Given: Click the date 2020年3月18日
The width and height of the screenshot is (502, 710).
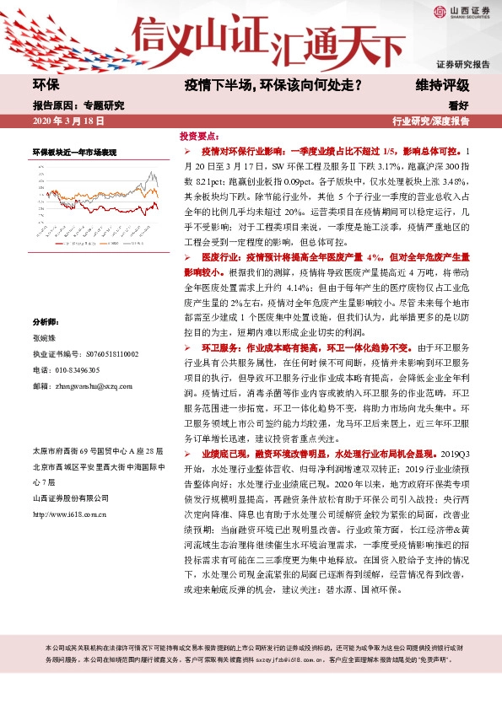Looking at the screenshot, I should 68,121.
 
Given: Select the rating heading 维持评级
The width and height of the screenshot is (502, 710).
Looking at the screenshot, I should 442,85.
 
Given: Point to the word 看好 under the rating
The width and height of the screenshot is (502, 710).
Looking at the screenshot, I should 459,105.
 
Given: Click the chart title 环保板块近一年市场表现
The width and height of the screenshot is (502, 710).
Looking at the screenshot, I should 74,153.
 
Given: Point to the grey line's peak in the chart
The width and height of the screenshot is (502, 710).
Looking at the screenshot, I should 153,174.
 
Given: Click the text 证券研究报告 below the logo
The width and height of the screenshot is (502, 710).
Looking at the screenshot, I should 462,64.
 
